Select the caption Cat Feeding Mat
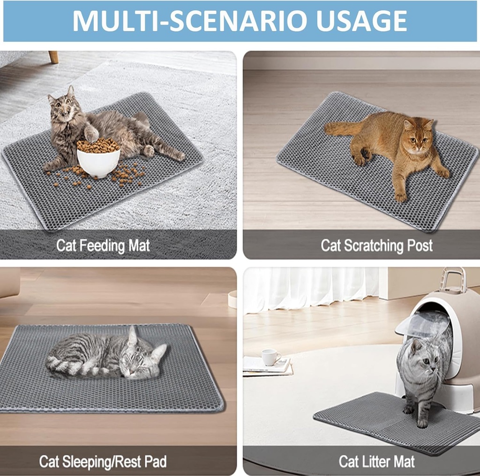tap(103, 246)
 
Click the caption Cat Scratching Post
tap(376, 246)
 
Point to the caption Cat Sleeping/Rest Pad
tap(103, 461)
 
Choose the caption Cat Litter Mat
tap(376, 461)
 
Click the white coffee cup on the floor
tap(270, 357)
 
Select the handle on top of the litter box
tap(452, 280)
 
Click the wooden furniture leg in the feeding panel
tap(53, 57)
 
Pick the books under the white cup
tap(267, 368)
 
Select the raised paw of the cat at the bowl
tap(91, 134)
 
